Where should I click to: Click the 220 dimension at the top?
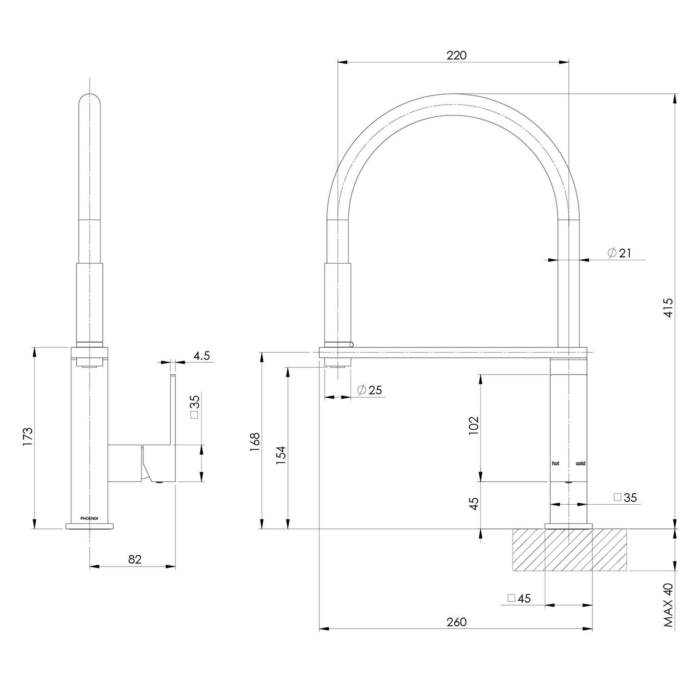coord(456,55)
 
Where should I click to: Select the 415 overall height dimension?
coord(668,307)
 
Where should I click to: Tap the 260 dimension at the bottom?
coord(456,622)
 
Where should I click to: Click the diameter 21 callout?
coord(620,253)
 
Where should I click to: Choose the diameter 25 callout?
coord(370,390)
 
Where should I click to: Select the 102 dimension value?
coord(473,426)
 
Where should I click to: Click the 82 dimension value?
coord(135,559)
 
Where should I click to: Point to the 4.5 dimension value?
coord(201,356)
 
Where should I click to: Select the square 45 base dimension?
coord(519,598)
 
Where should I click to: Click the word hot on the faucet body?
coord(555,463)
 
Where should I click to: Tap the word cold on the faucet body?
coord(580,463)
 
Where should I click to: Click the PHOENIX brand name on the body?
coord(89,518)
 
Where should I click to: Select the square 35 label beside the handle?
coord(194,407)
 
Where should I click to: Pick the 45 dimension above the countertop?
coord(473,504)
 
